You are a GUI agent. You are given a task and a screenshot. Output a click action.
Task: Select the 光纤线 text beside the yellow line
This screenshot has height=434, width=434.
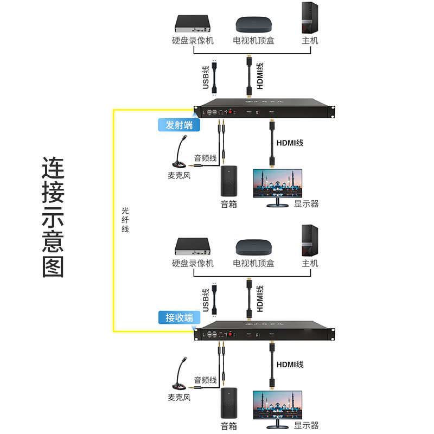125,219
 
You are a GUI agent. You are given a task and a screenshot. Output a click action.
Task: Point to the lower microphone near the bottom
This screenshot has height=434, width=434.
180,374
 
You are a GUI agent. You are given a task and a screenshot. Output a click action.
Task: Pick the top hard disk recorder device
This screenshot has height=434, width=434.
192,23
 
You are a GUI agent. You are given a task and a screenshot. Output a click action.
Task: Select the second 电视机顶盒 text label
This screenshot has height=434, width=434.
253,264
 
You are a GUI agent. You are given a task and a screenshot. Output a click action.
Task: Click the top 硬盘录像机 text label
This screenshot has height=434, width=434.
193,41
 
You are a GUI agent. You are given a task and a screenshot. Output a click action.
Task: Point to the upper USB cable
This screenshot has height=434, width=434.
215,78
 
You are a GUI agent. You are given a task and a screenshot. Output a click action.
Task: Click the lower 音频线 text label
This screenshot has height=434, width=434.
206,380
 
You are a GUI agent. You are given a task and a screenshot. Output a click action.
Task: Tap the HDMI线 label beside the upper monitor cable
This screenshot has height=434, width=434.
290,143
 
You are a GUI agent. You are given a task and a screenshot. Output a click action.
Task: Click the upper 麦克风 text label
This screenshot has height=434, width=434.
180,176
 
